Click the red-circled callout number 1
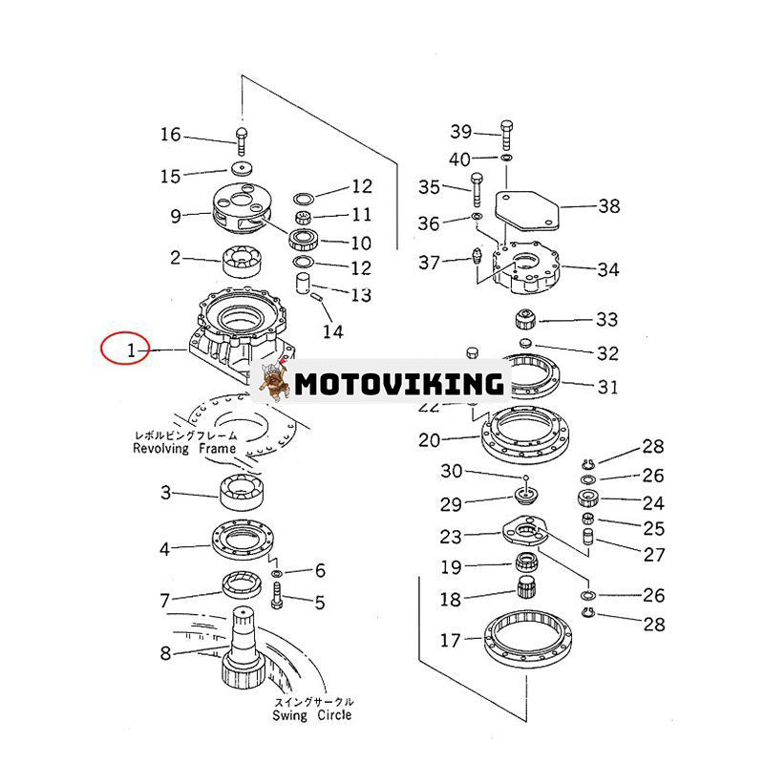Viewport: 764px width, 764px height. click(x=132, y=350)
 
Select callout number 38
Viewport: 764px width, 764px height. click(x=608, y=205)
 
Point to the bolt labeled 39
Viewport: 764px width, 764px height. click(x=505, y=136)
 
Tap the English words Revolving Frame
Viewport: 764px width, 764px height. click(x=184, y=447)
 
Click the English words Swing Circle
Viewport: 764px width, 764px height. click(x=311, y=714)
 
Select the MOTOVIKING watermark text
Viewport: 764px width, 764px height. click(x=398, y=384)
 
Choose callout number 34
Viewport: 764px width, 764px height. click(x=608, y=269)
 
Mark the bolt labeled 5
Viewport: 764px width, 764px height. click(x=278, y=599)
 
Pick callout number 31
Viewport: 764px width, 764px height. click(x=607, y=387)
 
